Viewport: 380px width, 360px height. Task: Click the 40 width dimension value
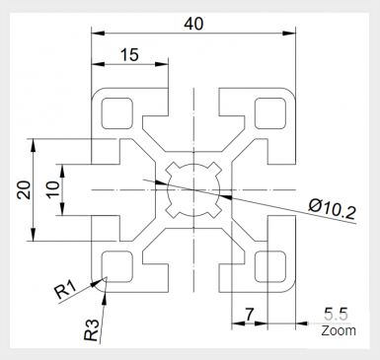(x=193, y=21)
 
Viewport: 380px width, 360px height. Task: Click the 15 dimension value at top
(x=128, y=56)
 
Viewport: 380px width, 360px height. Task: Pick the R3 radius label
(x=92, y=328)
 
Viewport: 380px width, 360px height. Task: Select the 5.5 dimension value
(x=337, y=314)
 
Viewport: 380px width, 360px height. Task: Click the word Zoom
(x=338, y=330)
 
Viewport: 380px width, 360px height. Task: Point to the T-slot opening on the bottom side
(x=194, y=276)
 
